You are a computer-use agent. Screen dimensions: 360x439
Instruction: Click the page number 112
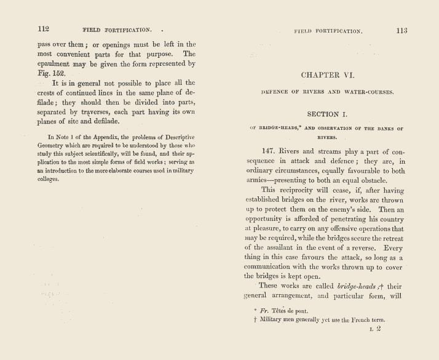pyautogui.click(x=43, y=28)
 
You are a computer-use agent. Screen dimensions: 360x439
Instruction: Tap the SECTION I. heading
pyautogui.click(x=328, y=114)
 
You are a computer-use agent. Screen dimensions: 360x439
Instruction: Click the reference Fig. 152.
pyautogui.click(x=51, y=72)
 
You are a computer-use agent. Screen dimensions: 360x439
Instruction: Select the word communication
pyautogui.click(x=275, y=266)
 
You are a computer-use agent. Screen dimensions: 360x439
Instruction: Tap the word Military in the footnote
pyautogui.click(x=274, y=320)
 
